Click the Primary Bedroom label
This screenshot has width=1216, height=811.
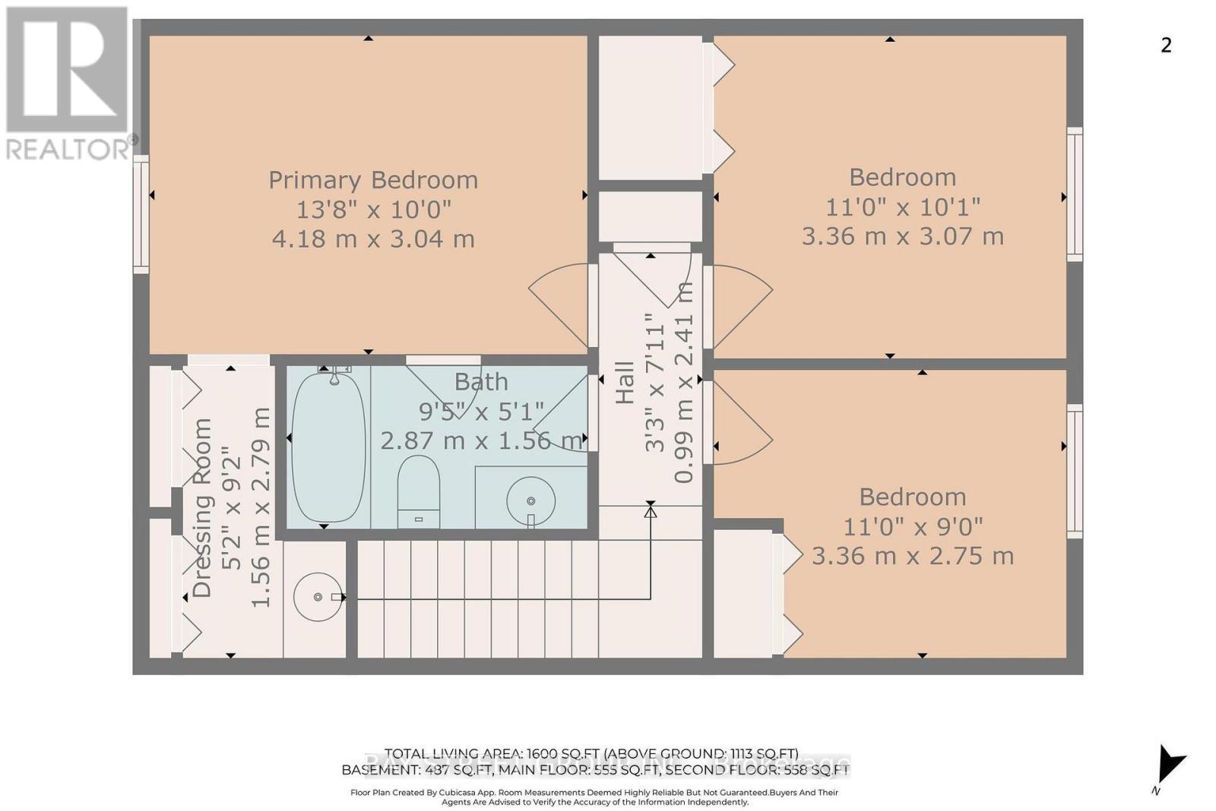(x=373, y=180)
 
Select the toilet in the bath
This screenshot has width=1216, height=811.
(x=419, y=490)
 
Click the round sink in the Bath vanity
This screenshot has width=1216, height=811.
(x=530, y=501)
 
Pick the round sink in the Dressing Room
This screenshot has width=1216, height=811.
(x=318, y=597)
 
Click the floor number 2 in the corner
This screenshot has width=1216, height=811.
(x=1166, y=46)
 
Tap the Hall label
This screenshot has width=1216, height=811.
(x=625, y=382)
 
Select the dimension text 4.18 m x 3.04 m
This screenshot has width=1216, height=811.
(x=373, y=239)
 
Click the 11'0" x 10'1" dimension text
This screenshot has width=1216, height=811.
(x=903, y=207)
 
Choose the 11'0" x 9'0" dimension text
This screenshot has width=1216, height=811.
(x=913, y=526)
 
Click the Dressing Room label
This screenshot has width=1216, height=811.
(x=202, y=508)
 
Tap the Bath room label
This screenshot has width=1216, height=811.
(x=481, y=382)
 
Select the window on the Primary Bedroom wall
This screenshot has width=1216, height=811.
(x=141, y=213)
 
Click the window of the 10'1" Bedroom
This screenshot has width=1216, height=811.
(x=1074, y=194)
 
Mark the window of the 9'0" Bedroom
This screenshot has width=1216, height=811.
(x=1074, y=471)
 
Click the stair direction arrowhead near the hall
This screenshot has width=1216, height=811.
(x=651, y=512)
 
